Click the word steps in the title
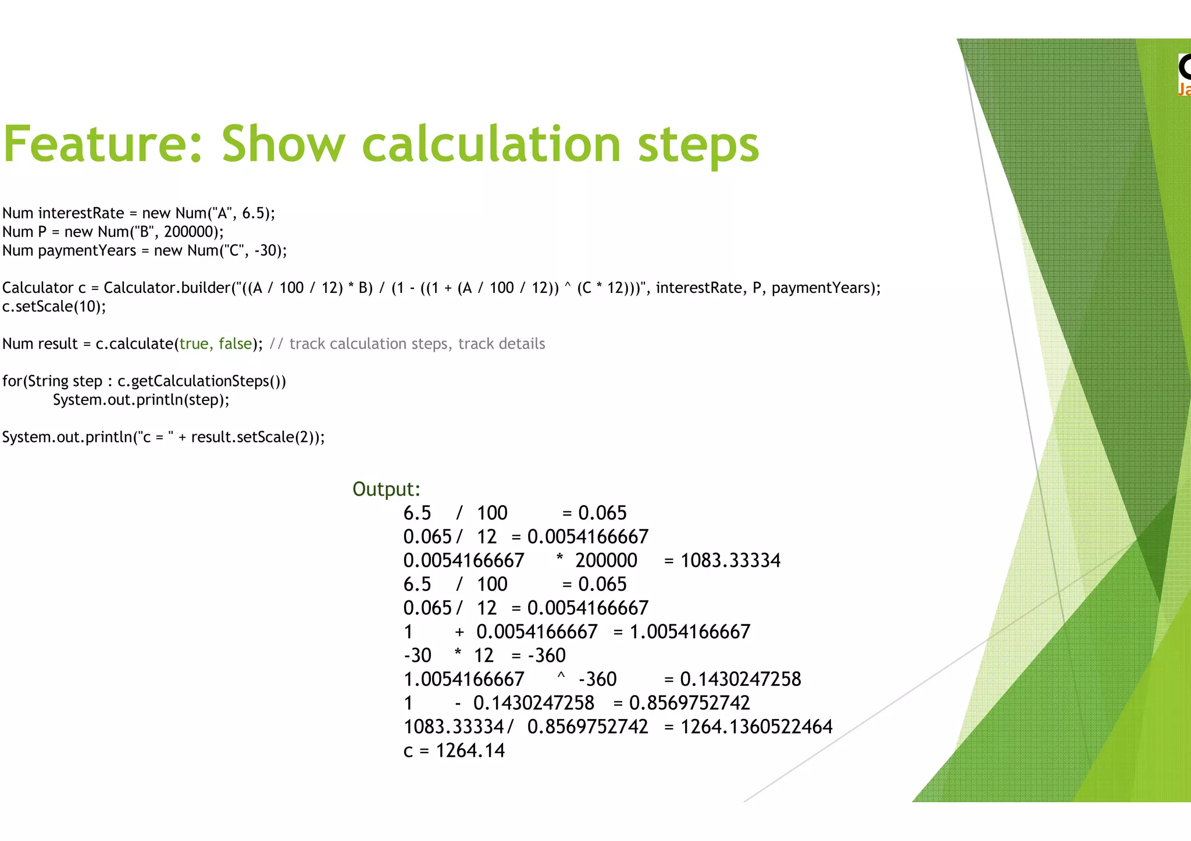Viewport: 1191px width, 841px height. tap(698, 145)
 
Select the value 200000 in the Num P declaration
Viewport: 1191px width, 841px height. tap(189, 232)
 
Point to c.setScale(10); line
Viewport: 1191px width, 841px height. tap(54, 306)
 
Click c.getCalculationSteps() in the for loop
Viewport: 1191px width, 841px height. tap(201, 381)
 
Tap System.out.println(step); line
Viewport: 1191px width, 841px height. tap(141, 400)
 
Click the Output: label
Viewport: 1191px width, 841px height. tap(386, 489)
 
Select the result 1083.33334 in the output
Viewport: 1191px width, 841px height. tap(730, 560)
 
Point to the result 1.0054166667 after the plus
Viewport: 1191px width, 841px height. tap(690, 632)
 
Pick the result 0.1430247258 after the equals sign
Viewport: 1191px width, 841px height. tap(740, 679)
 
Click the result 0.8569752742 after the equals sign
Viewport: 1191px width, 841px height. tap(690, 703)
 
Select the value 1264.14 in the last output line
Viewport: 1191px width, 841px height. tap(470, 751)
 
